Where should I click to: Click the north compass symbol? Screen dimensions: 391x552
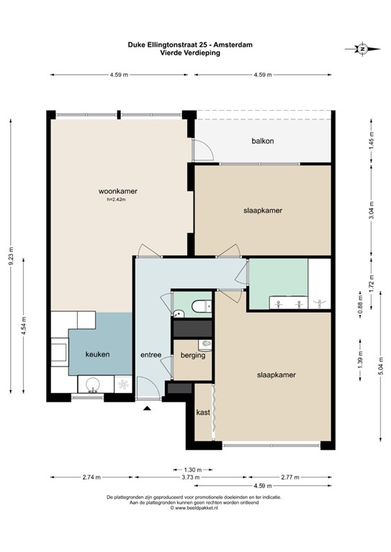coord(362,49)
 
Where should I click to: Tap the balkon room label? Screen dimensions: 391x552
coord(263,141)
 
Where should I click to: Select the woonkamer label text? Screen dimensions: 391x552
coord(118,191)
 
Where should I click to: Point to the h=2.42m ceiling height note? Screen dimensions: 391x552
coord(117,200)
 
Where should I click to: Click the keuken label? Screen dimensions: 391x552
coord(97,354)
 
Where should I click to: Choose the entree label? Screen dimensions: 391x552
coord(151,355)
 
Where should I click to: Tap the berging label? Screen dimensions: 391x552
coord(193,355)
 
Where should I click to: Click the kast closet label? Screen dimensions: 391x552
coord(203,413)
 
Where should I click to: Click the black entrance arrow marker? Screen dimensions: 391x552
coord(147,408)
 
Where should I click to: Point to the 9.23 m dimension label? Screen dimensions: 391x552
coord(11,256)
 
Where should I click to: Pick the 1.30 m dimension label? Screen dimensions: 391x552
coord(193,469)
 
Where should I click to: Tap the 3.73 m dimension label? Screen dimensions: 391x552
coord(191,477)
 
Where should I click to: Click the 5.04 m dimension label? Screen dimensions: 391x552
coord(381,367)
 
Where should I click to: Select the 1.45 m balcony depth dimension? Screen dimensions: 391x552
coord(371,141)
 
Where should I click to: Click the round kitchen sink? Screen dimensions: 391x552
coord(93,385)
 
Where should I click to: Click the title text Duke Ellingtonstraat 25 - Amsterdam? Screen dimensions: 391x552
coord(190,45)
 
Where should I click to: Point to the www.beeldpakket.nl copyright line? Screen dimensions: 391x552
coord(194,508)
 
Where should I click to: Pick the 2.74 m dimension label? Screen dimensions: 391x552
coord(91,477)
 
